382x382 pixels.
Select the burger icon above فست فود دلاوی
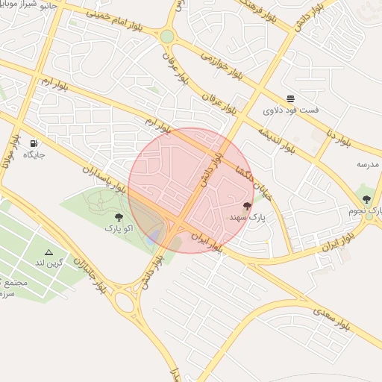tap(290, 98)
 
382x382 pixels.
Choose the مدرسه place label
tap(368, 164)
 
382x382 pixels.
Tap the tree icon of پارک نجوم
tap(366, 199)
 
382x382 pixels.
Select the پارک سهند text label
tap(247, 217)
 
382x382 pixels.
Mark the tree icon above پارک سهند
tap(247, 205)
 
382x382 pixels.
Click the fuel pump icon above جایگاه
tap(34, 143)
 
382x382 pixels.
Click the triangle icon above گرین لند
tap(49, 252)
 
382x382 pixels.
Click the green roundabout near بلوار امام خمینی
tap(167, 36)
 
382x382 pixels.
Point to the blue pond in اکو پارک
tap(153, 237)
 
